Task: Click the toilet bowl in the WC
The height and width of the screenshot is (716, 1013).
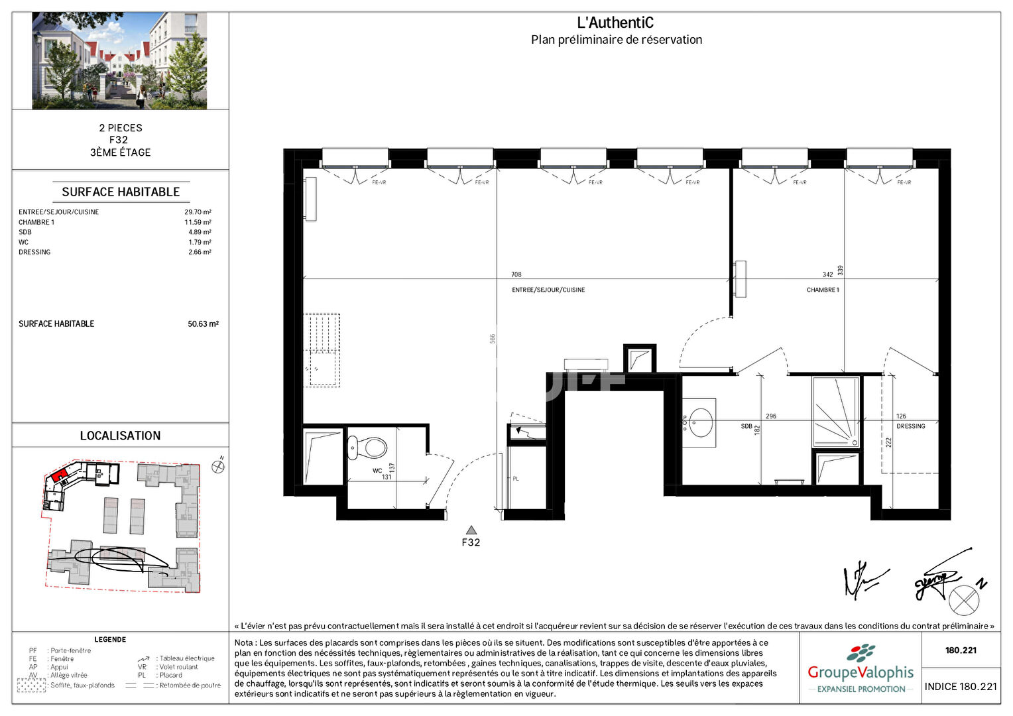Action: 369,447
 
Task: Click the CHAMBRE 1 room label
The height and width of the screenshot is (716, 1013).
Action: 823,290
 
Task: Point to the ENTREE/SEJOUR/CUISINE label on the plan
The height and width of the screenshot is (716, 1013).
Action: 548,290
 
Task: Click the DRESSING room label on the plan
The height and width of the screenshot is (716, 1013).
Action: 910,426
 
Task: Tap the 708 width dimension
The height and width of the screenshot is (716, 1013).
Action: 516,274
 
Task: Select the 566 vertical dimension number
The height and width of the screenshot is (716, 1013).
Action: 493,338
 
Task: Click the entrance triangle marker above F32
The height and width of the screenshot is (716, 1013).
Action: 471,530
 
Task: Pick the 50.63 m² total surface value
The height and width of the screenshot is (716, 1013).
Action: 203,324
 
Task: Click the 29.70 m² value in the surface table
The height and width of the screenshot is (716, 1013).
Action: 198,212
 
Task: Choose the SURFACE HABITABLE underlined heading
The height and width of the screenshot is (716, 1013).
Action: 121,192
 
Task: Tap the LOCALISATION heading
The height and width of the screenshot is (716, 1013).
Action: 120,436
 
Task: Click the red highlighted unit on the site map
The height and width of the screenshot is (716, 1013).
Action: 59,475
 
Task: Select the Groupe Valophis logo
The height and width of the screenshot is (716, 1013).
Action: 860,670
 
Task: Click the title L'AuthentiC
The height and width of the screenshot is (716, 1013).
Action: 615,23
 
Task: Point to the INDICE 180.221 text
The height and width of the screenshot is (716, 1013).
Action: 961,687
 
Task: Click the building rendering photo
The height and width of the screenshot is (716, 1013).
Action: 119,60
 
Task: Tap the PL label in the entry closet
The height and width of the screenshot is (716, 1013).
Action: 516,479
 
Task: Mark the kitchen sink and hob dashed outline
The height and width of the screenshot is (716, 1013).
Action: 322,350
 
